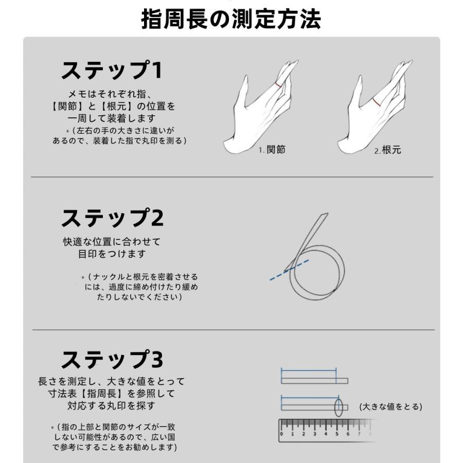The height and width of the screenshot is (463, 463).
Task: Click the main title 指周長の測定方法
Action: (231, 19)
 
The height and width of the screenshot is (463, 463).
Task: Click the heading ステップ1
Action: (112, 70)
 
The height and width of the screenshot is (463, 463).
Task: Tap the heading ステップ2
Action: (112, 219)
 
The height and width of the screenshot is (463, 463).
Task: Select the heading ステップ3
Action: (112, 360)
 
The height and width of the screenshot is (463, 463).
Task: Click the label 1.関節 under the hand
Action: (272, 150)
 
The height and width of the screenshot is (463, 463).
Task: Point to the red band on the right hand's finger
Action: (377, 102)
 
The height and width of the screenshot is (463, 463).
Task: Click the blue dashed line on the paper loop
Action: (289, 270)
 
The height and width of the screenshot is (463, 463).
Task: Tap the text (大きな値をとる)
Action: (390, 406)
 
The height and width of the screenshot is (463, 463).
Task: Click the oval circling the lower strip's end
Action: (339, 407)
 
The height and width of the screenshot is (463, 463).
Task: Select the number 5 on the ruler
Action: (337, 433)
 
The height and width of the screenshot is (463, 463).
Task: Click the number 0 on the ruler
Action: (282, 433)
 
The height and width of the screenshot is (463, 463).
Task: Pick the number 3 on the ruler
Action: (315, 433)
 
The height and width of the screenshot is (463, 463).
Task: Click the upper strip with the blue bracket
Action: (314, 381)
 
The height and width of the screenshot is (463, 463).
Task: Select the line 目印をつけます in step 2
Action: (112, 254)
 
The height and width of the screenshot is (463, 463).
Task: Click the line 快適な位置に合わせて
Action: (112, 241)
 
